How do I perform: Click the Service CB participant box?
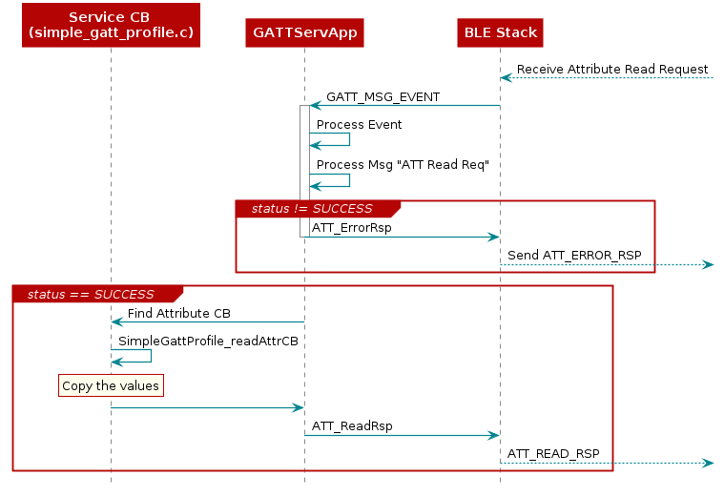point(111,25)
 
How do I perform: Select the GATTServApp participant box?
point(304,32)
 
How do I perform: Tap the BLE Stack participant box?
point(500,32)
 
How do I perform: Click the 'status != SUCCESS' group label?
point(312,208)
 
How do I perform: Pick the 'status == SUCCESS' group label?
point(91,294)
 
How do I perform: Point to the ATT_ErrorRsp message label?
point(351,228)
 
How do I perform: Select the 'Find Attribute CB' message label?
point(178,313)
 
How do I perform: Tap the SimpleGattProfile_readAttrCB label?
point(201,341)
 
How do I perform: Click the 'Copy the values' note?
point(110,385)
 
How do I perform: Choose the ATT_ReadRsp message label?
point(351,426)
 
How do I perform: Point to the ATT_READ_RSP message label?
point(553,453)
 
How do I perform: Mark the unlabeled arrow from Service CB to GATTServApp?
point(205,407)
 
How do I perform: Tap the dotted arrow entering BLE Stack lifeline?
point(610,77)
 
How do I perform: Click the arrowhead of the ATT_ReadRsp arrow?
point(493,435)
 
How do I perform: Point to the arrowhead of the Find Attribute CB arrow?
point(117,322)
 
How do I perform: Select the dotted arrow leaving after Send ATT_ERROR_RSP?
point(683,264)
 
